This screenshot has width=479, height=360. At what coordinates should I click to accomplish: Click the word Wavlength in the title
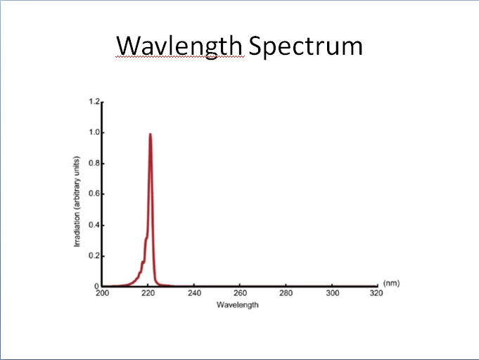[x=179, y=46]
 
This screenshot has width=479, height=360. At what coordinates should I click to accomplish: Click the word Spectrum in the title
[x=306, y=46]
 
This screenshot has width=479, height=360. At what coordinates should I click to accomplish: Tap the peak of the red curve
[x=151, y=134]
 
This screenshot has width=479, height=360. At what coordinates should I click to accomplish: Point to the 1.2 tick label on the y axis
[x=94, y=101]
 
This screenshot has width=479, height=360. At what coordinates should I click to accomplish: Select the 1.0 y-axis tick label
[x=94, y=132]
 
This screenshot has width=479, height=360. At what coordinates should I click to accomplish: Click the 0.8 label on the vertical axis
[x=94, y=163]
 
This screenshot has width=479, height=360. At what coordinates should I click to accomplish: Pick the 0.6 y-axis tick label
[x=94, y=194]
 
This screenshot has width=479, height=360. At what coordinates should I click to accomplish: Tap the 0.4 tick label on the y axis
[x=94, y=225]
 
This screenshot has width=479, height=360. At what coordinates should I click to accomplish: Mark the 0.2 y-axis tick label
[x=94, y=255]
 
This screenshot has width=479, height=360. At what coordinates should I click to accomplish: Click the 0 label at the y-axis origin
[x=96, y=286]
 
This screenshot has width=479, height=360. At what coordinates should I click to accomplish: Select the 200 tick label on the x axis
[x=102, y=293]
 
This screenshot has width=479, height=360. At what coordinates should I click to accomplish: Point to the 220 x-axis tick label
[x=148, y=293]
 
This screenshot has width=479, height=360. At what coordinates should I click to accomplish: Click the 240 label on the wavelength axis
[x=194, y=293]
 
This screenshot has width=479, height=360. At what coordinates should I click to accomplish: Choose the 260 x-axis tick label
[x=240, y=293]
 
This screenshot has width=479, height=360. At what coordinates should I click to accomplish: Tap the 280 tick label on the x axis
[x=286, y=293]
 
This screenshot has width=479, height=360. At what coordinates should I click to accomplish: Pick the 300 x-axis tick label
[x=332, y=293]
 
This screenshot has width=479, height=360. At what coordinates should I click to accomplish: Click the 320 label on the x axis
[x=376, y=293]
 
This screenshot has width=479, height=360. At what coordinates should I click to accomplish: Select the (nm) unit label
[x=391, y=283]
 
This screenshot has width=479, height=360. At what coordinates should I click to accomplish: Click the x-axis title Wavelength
[x=237, y=304]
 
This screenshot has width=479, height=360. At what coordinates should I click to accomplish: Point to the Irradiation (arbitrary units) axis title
[x=77, y=202]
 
